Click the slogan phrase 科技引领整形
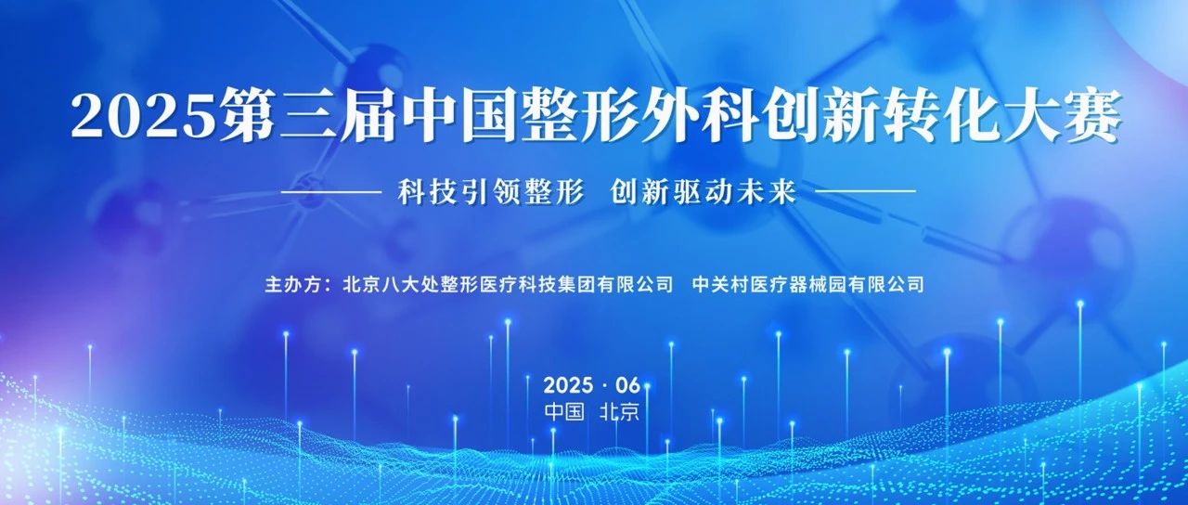[x=491, y=191]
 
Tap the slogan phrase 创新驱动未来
[x=704, y=191]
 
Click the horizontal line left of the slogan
[x=330, y=191]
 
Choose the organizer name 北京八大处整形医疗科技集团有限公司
[x=508, y=284]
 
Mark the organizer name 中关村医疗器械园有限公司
[x=807, y=284]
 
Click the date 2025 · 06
[x=592, y=385]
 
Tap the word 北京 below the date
[x=619, y=411]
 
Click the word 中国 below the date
[x=564, y=411]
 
